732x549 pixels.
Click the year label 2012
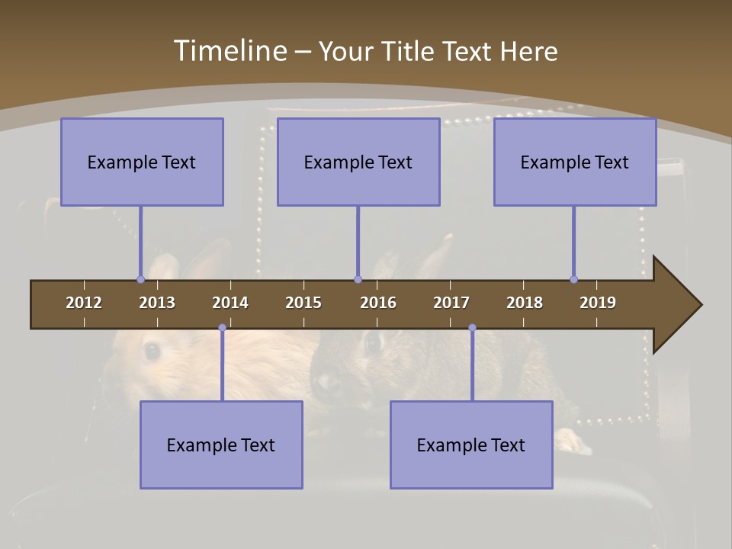click(84, 303)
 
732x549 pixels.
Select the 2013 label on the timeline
click(157, 303)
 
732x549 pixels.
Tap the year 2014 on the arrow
click(230, 303)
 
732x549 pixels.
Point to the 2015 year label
click(303, 303)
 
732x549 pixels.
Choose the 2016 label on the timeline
click(378, 303)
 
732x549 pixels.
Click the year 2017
click(451, 303)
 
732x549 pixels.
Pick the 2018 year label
click(525, 303)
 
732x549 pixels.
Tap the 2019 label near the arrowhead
click(598, 303)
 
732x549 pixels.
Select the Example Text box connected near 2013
click(142, 162)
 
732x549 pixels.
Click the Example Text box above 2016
click(358, 162)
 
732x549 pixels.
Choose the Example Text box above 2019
click(575, 162)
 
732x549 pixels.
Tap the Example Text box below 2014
click(221, 445)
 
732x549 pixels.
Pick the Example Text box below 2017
click(471, 445)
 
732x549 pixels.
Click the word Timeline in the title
click(230, 51)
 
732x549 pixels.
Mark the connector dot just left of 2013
click(140, 279)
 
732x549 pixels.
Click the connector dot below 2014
click(222, 328)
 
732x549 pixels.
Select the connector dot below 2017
click(472, 328)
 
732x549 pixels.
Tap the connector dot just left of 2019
click(573, 279)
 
